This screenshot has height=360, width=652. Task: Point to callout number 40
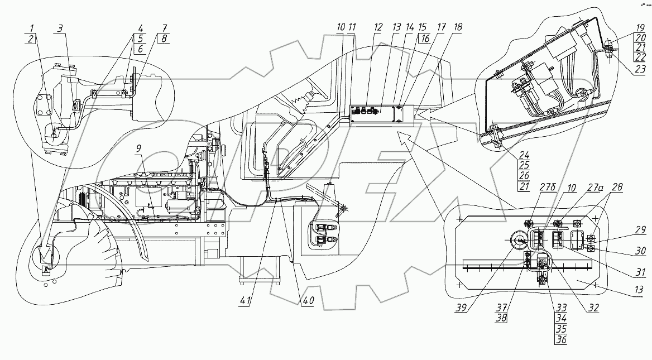click(x=307, y=300)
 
